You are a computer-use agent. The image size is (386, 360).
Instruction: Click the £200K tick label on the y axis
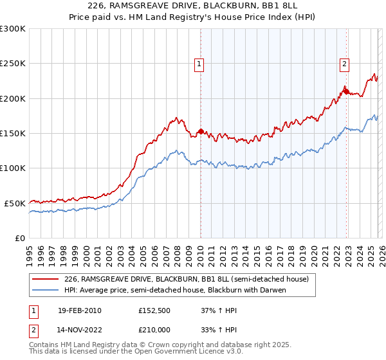click(x=13, y=98)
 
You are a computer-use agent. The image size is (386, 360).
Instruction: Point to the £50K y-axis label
click(x=15, y=203)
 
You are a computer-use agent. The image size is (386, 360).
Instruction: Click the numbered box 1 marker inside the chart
click(x=199, y=64)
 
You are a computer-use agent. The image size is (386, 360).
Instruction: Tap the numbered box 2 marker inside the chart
click(x=345, y=64)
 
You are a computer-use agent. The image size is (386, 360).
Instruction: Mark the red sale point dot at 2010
click(x=201, y=132)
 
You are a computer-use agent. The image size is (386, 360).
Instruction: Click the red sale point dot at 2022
click(x=346, y=92)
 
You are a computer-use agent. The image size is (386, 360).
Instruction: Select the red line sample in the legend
click(x=46, y=279)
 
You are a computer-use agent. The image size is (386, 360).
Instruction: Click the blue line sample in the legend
click(x=46, y=290)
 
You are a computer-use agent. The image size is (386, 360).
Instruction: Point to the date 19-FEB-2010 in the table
click(x=79, y=310)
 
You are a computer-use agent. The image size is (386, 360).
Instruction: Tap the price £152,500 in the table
click(x=155, y=310)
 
